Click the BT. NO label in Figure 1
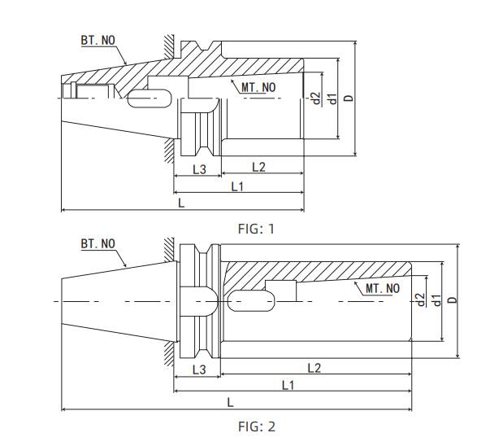point(98,39)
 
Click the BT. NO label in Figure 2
point(98,243)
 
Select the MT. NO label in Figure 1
point(258,87)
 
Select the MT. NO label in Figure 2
point(381,289)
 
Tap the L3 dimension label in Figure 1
point(199,168)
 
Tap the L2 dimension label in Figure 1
point(258,167)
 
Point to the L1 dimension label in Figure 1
point(238,187)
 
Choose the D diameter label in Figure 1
point(349,98)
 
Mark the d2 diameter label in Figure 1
point(316,98)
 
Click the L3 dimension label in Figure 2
point(198,369)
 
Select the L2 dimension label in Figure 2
point(314,368)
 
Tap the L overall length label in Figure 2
point(231,402)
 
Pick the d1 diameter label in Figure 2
point(436,300)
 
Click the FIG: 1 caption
point(256,229)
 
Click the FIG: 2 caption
point(256,426)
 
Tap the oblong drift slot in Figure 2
point(251,301)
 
